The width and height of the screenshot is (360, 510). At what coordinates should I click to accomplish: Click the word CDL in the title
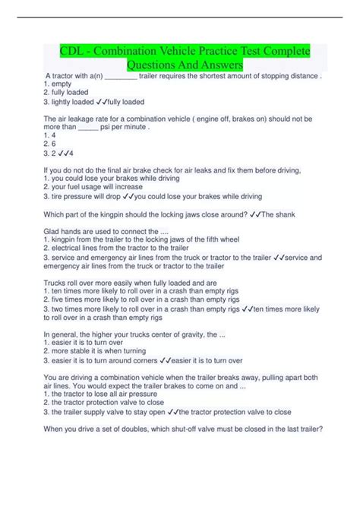coord(74,51)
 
